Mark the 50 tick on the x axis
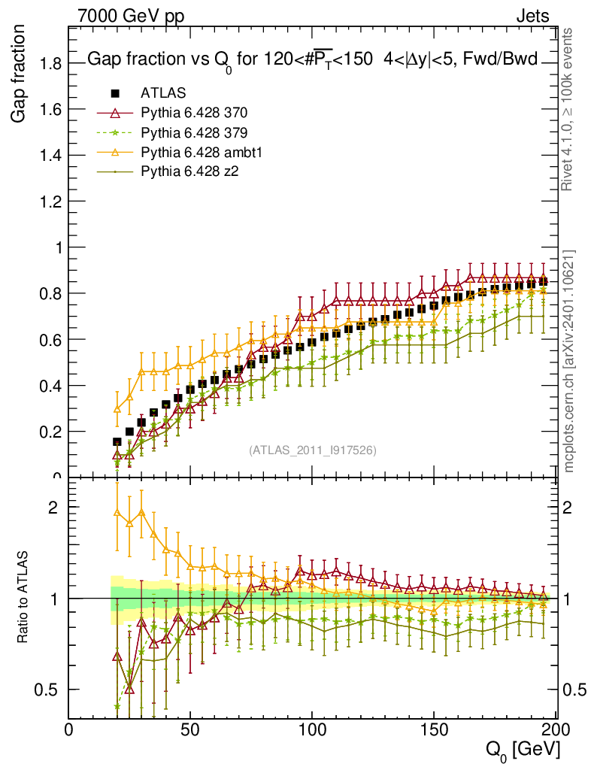click(x=190, y=729)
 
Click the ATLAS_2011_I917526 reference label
click(x=313, y=450)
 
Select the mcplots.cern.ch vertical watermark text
click(x=571, y=361)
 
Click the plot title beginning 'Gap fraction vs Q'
click(x=312, y=60)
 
